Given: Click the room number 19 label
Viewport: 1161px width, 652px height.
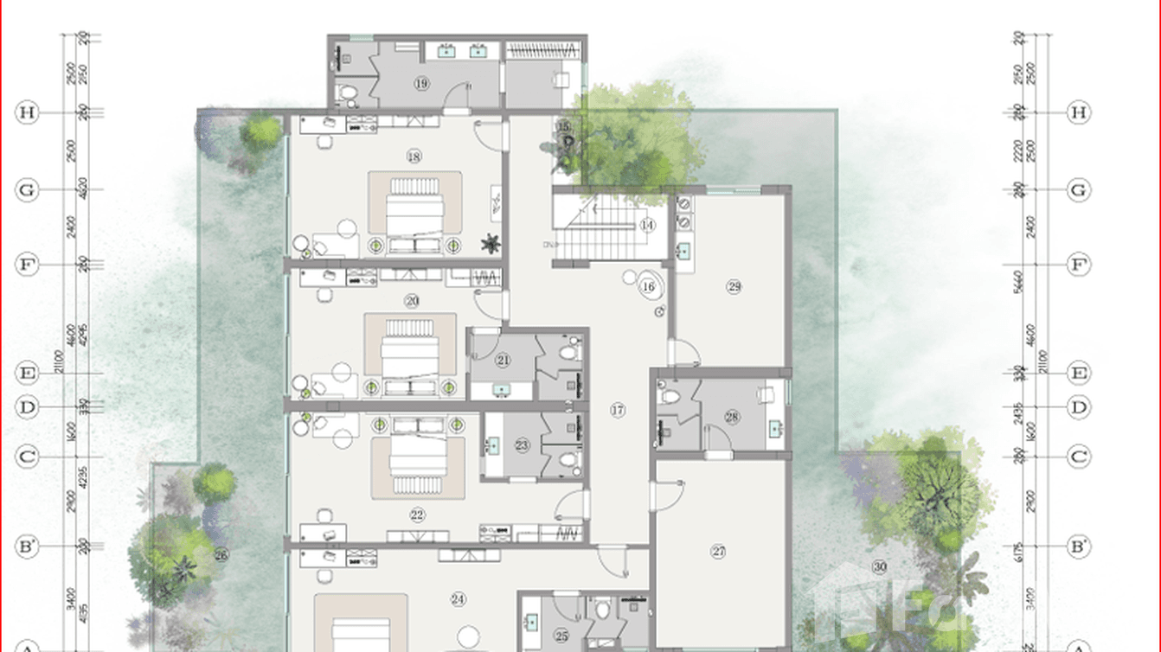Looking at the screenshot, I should point(421,84).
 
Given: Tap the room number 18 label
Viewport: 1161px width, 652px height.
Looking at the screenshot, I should point(414,157).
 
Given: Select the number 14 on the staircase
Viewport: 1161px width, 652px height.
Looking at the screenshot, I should point(648,225).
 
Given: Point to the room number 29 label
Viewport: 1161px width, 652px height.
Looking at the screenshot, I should point(734,286).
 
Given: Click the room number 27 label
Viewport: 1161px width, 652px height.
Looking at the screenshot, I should point(718,551).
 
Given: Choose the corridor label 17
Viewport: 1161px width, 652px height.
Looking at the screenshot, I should point(617,410).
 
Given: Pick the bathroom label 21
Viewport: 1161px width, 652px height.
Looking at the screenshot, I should point(504,360).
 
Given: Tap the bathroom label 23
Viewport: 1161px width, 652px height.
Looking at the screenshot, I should point(522,445).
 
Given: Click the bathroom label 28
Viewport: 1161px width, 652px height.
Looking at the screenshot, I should point(733,417).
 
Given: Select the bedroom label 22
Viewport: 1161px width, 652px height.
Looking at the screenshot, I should point(418,515).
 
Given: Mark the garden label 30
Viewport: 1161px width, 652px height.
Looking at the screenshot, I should point(880,567).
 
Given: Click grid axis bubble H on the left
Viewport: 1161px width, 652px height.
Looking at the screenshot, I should point(28,112).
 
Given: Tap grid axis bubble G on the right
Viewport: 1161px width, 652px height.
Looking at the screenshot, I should point(1078,190).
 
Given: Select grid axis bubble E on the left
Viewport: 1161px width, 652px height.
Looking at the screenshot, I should point(28,374).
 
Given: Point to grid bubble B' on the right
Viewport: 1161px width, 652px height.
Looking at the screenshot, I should point(1078,547).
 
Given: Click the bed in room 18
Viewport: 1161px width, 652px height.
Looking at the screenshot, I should point(414,208).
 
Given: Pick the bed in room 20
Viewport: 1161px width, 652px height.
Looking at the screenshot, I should point(410,348).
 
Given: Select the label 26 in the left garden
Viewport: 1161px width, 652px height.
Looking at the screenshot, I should point(221,555).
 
